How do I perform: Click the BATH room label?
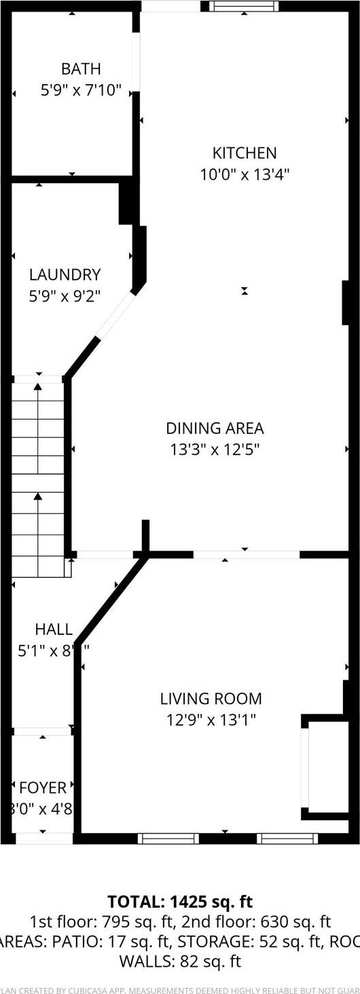pyautogui.click(x=81, y=69)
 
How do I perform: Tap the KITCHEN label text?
pyautogui.click(x=245, y=153)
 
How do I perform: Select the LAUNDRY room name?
pyautogui.click(x=65, y=275)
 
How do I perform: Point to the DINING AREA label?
pyautogui.click(x=215, y=428)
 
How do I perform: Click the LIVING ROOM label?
pyautogui.click(x=211, y=699)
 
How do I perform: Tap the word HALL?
pyautogui.click(x=53, y=629)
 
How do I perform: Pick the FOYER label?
pyautogui.click(x=43, y=788)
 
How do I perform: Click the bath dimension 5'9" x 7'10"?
pyautogui.click(x=81, y=90)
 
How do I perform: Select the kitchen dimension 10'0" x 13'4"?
pyautogui.click(x=245, y=174)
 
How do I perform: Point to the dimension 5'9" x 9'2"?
pyautogui.click(x=65, y=296)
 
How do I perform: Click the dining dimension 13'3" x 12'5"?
pyautogui.click(x=215, y=449)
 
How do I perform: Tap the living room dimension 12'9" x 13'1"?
pyautogui.click(x=211, y=720)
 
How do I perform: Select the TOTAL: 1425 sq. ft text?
pyautogui.click(x=180, y=902)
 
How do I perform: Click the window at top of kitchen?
pyautogui.click(x=244, y=6)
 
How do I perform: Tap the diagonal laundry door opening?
pyautogui.click(x=116, y=315)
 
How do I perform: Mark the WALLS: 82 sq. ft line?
pyautogui.click(x=180, y=961)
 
